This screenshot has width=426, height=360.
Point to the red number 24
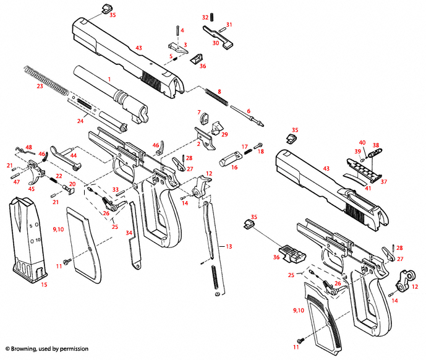[x=80, y=121]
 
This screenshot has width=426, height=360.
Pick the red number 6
[x=249, y=111]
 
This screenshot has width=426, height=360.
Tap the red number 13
[x=229, y=246]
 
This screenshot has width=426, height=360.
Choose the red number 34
[x=129, y=233]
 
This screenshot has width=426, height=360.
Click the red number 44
[x=73, y=156]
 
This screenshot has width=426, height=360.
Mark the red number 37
[x=383, y=181]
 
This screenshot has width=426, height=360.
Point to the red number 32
[x=206, y=17]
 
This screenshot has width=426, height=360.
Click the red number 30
[x=216, y=43]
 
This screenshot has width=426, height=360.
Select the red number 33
[x=115, y=189]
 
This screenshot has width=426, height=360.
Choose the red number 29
[x=224, y=134]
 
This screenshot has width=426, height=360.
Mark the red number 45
[x=31, y=189]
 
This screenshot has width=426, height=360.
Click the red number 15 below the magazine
[x=43, y=285]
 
